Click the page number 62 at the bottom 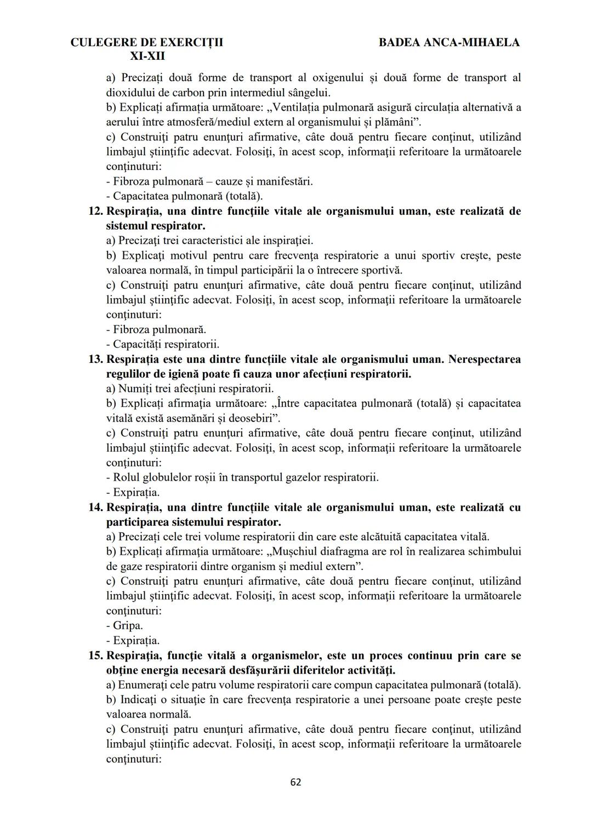click(x=295, y=782)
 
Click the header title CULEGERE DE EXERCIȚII click(x=147, y=42)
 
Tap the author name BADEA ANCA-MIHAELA click(x=449, y=42)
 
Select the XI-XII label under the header click(x=147, y=56)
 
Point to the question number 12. click(x=95, y=211)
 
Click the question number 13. click(x=95, y=360)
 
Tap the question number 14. click(x=95, y=508)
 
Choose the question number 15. click(x=95, y=656)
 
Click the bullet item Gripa click(x=128, y=625)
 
